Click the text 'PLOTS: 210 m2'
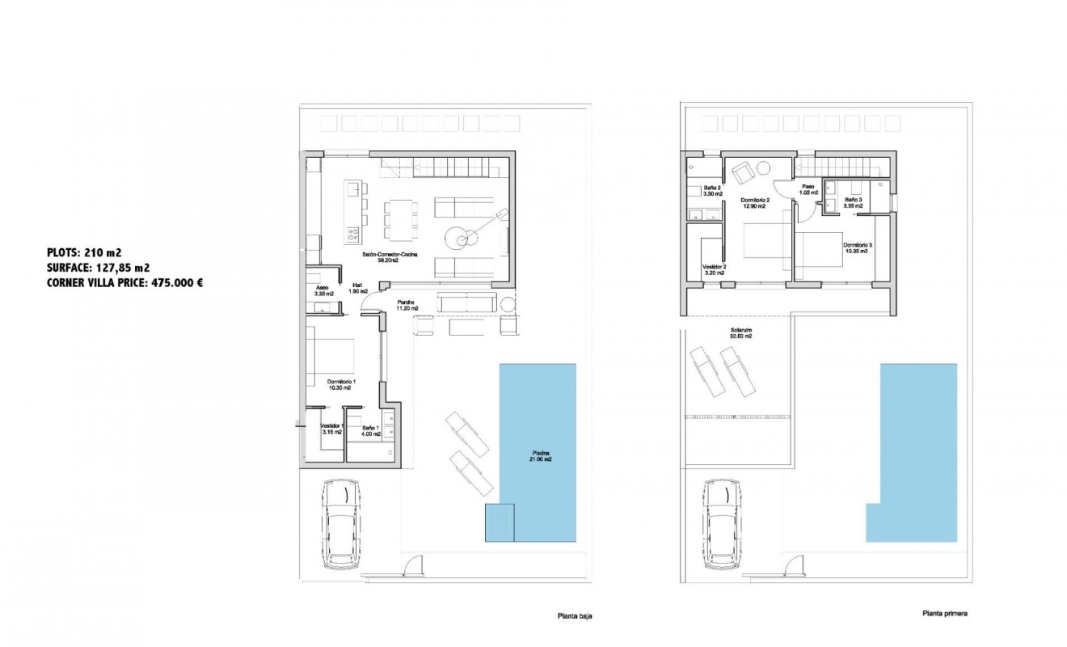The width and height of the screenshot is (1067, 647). [84, 252]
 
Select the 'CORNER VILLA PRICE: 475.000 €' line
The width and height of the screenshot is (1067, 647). [124, 283]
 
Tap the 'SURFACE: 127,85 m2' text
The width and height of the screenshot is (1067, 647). [98, 268]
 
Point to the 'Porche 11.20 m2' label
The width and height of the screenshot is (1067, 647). [407, 305]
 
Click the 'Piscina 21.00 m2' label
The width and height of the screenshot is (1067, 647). [542, 455]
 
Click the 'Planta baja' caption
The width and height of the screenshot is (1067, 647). [575, 615]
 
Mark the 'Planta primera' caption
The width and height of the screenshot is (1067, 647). [944, 613]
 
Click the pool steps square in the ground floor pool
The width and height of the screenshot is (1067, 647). [499, 522]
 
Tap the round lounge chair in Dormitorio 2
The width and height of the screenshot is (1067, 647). [742, 170]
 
